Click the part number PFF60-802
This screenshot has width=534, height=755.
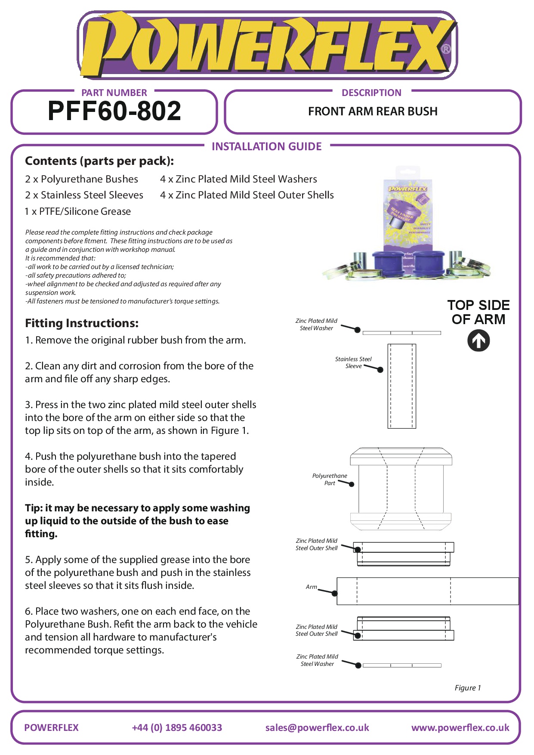[x=114, y=111]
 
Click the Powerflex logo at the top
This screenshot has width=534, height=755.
[x=267, y=45]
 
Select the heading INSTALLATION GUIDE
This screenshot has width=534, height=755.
[x=266, y=147]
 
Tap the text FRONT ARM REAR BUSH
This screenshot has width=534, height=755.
[x=373, y=111]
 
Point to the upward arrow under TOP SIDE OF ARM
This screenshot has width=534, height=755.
[x=478, y=340]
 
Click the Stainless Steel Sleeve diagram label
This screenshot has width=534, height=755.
[x=353, y=362]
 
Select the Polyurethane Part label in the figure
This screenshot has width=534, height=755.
[x=330, y=480]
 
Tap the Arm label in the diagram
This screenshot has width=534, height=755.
[x=311, y=587]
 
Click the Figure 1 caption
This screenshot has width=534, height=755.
[x=468, y=688]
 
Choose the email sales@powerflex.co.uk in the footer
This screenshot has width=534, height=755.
[x=317, y=727]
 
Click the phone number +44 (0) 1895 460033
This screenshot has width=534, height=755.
[x=177, y=727]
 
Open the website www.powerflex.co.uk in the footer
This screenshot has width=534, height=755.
[x=460, y=727]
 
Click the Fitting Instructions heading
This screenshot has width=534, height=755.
[x=82, y=323]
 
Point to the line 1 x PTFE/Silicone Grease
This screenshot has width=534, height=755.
[x=78, y=211]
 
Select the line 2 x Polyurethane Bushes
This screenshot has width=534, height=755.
[x=82, y=179]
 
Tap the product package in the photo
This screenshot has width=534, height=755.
[x=407, y=215]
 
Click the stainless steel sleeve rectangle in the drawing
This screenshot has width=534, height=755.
[x=402, y=386]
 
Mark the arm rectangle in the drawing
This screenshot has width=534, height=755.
[x=427, y=591]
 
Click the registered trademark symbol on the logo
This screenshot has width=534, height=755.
[x=446, y=49]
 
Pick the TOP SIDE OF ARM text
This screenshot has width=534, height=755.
[x=478, y=312]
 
